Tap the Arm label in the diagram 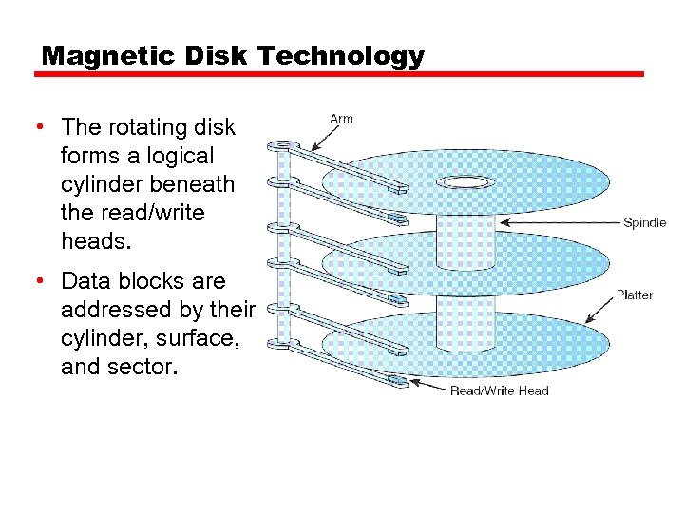(341, 119)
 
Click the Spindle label (644, 223)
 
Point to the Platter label (635, 294)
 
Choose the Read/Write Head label (499, 390)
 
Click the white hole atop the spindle (465, 181)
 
